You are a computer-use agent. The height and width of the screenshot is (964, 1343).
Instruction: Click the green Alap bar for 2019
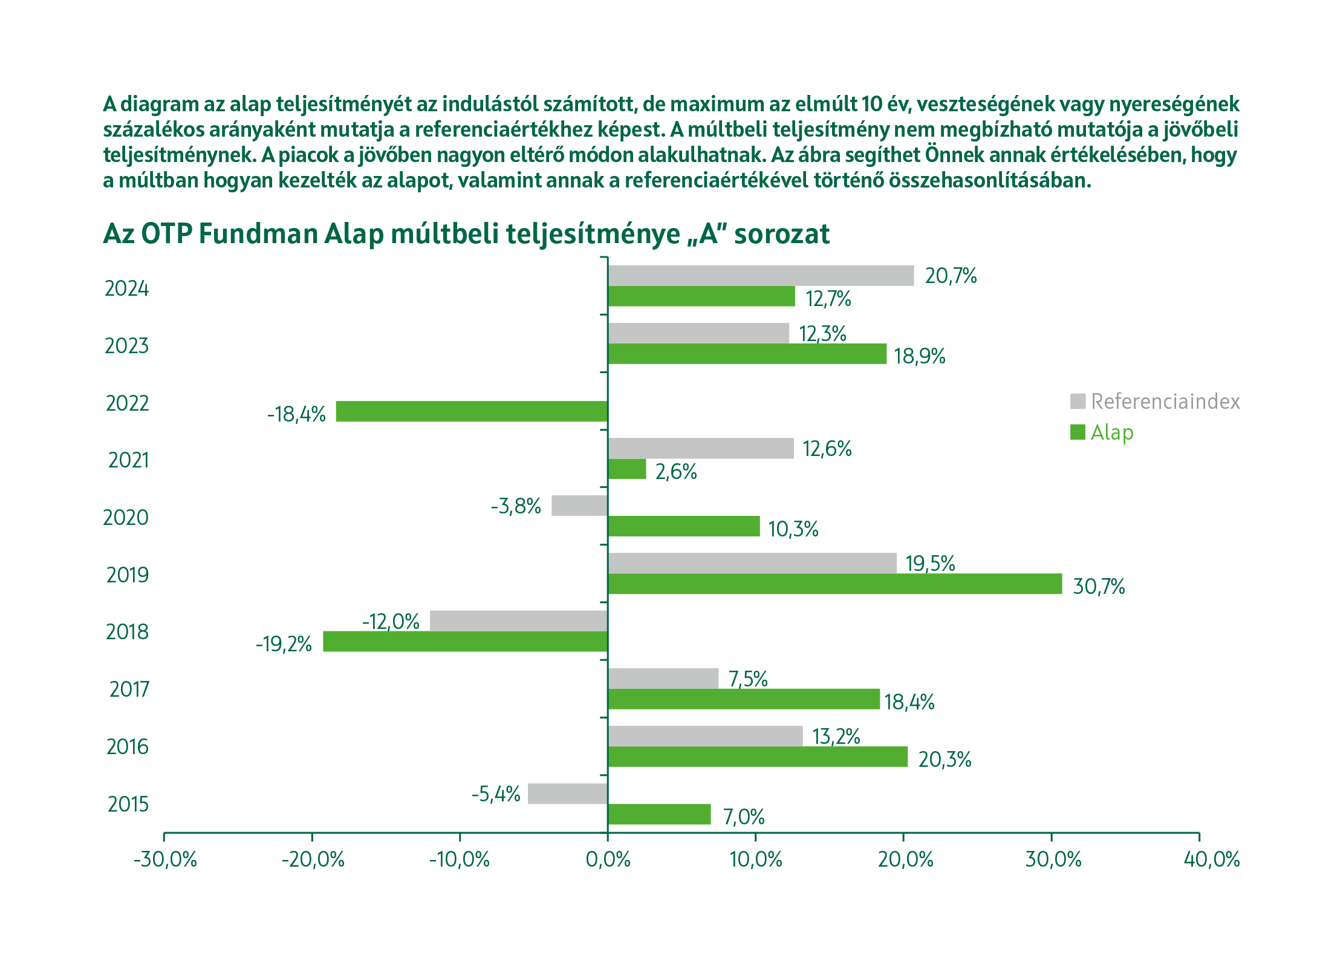pos(834,584)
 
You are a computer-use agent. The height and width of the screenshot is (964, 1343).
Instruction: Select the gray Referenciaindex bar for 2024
pos(761,276)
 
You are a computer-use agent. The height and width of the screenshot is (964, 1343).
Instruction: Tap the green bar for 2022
pos(472,411)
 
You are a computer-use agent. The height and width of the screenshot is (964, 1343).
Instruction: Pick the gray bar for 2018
pos(519,621)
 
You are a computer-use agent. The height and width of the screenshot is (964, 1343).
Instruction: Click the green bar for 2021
pos(626,469)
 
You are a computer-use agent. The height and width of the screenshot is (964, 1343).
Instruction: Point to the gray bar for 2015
pos(567,793)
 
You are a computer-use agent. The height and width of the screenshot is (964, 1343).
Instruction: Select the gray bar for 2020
pos(579,506)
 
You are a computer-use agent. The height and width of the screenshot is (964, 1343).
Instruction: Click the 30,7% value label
pos(1099,587)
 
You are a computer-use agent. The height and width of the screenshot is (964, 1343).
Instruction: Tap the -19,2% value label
pos(284,644)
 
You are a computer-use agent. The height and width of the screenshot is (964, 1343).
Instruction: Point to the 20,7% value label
pos(951,276)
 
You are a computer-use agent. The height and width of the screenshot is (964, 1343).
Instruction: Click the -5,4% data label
pos(496,794)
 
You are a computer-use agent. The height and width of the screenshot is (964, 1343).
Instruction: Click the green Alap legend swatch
pos(1078,432)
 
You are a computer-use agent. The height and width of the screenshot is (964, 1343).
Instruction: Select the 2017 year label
pos(129,689)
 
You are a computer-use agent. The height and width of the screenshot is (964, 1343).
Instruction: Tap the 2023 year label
pos(126,346)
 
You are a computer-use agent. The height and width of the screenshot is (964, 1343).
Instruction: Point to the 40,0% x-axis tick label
pos(1211,859)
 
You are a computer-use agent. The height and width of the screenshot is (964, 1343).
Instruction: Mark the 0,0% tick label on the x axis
pos(608,859)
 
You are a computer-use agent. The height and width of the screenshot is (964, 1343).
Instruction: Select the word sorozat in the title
pos(781,234)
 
